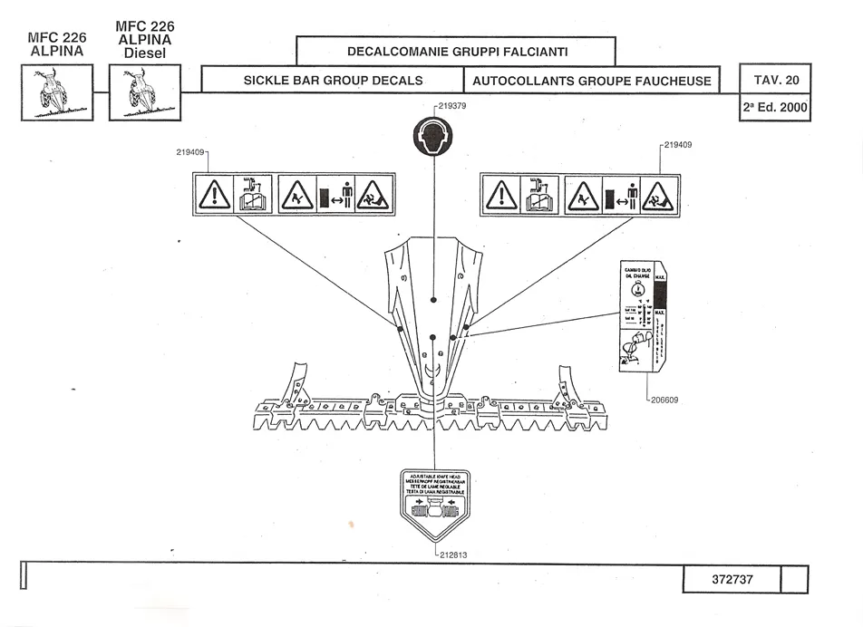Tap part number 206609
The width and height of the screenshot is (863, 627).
[x=666, y=399]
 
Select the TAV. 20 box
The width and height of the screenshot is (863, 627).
[x=774, y=80]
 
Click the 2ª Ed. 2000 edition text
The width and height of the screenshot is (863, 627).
[x=774, y=108]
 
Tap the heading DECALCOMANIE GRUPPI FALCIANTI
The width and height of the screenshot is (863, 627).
[x=457, y=51]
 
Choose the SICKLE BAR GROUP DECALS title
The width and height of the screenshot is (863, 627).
[x=333, y=80]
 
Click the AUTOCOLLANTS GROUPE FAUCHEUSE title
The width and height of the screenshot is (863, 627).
[x=593, y=80]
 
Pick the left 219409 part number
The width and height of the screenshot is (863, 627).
[x=192, y=152]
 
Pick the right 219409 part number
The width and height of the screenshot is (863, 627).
[x=679, y=144]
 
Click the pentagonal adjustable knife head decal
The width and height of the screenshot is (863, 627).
[x=436, y=506]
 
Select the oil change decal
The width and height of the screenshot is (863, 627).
[x=642, y=317]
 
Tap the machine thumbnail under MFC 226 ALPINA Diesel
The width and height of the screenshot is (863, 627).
[x=145, y=92]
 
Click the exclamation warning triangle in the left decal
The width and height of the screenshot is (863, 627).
[x=214, y=195]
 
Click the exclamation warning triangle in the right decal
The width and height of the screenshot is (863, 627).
[x=500, y=195]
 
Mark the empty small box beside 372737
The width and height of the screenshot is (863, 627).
[x=793, y=579]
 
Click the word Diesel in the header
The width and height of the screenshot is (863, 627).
[x=145, y=53]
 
